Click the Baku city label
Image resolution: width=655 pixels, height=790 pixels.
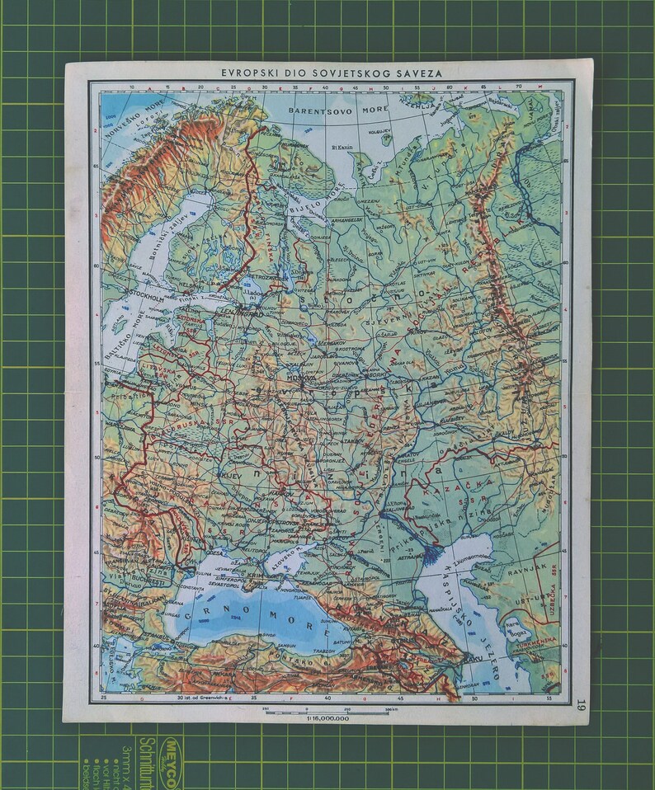(471, 661)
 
